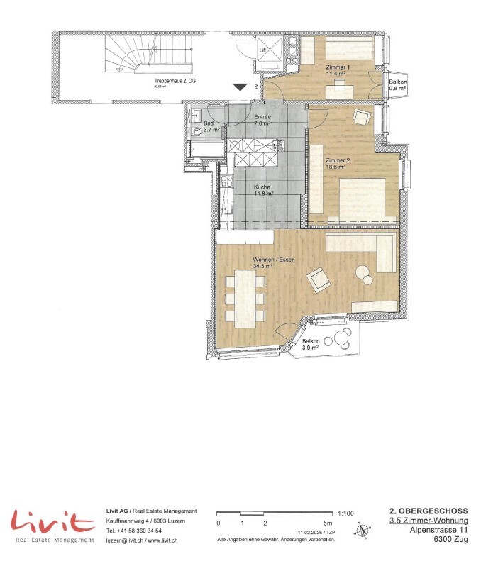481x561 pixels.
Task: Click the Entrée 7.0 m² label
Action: click(262, 119)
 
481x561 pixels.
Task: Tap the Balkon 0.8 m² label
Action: click(397, 86)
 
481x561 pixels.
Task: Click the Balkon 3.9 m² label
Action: click(311, 345)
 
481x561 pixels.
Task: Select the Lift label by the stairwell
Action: click(263, 51)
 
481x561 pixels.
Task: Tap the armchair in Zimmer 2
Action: click(363, 117)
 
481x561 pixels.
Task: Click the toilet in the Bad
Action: click(196, 131)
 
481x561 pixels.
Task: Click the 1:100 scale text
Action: click(347, 511)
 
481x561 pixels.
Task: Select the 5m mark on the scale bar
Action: click(327, 523)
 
